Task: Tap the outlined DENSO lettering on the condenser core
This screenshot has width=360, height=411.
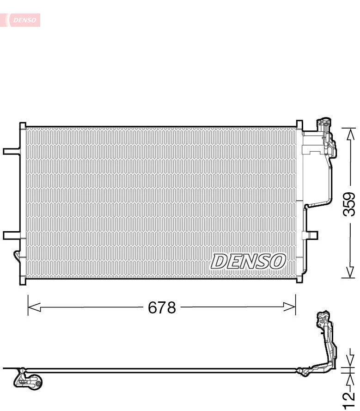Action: point(247,262)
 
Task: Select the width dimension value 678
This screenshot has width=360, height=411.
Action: point(162,307)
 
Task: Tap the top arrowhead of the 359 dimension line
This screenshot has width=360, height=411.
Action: point(349,134)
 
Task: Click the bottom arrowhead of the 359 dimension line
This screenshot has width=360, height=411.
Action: point(349,273)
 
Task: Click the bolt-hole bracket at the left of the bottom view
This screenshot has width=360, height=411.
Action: point(29,380)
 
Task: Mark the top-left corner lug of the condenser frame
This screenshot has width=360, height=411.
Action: point(22,125)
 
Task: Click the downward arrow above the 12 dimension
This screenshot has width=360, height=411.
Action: point(349,360)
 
